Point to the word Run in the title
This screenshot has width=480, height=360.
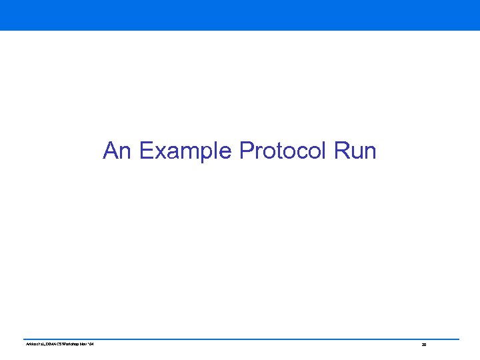click(x=355, y=151)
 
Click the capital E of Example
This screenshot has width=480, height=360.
click(x=146, y=151)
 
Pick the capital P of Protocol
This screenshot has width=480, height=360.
click(x=245, y=151)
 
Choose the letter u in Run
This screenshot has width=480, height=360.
click(x=356, y=153)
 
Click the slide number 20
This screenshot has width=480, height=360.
click(x=423, y=345)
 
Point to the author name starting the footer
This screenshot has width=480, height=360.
click(x=30, y=344)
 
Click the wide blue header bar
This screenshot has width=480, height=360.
click(x=240, y=15)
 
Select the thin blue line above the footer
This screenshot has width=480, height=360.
click(x=240, y=339)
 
